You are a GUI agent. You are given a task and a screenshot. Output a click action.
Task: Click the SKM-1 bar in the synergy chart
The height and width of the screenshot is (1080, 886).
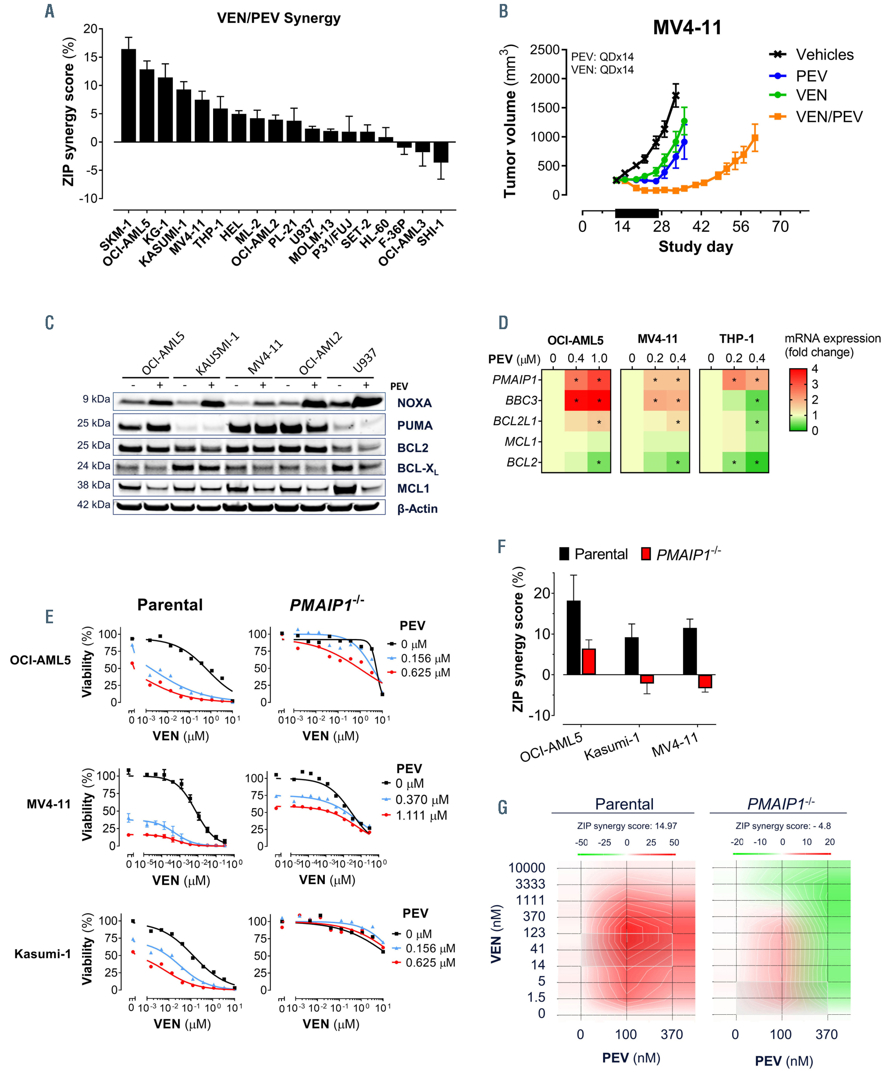[x=128, y=96]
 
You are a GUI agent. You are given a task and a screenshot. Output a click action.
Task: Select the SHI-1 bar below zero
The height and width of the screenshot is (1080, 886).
[x=441, y=152]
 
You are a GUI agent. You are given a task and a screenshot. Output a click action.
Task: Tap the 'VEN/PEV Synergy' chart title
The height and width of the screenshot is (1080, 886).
[x=279, y=18]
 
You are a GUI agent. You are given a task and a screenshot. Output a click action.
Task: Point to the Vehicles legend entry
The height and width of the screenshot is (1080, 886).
[x=824, y=55]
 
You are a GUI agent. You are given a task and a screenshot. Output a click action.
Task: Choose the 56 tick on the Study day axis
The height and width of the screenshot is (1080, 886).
[x=740, y=227]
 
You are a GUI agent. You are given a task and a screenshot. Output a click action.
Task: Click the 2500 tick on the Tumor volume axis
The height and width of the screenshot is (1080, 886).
[x=545, y=50]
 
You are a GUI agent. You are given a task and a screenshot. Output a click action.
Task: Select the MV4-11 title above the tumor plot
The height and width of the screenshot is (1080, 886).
[x=687, y=28]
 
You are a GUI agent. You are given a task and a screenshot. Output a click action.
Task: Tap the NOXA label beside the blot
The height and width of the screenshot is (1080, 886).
[x=414, y=403]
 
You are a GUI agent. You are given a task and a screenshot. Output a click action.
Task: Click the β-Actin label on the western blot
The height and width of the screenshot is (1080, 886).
[x=417, y=508]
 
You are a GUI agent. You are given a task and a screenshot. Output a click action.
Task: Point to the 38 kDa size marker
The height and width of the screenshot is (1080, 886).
[x=94, y=485]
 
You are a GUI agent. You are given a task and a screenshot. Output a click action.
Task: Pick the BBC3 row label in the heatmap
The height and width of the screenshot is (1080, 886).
[x=522, y=401]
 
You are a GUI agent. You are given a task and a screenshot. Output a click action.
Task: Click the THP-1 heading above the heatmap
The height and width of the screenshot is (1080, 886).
[x=737, y=339]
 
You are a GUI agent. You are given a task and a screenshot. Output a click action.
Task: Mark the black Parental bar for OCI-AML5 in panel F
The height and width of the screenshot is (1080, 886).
[x=574, y=637]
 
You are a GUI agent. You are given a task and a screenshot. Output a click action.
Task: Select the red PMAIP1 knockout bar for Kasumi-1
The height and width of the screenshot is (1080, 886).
[x=647, y=679]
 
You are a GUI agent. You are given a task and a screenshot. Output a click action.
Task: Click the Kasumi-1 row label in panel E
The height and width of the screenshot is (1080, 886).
[x=43, y=953]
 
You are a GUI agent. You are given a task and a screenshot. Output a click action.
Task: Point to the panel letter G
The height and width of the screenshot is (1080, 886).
[x=502, y=807]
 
